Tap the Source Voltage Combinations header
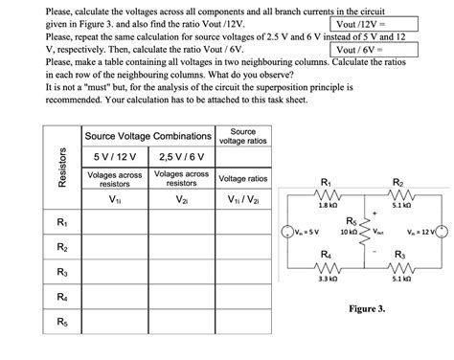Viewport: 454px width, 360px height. (x=148, y=136)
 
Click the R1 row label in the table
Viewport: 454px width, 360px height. (x=62, y=224)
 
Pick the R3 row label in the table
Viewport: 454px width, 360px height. (x=62, y=273)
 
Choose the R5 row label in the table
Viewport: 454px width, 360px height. (x=62, y=323)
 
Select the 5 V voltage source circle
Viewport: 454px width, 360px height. (x=284, y=232)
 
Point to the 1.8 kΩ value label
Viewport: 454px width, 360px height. (x=327, y=205)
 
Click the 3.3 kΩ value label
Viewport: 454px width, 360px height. (x=327, y=279)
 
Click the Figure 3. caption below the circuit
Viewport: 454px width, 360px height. (x=367, y=309)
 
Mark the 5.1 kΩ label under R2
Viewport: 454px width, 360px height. (x=401, y=205)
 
